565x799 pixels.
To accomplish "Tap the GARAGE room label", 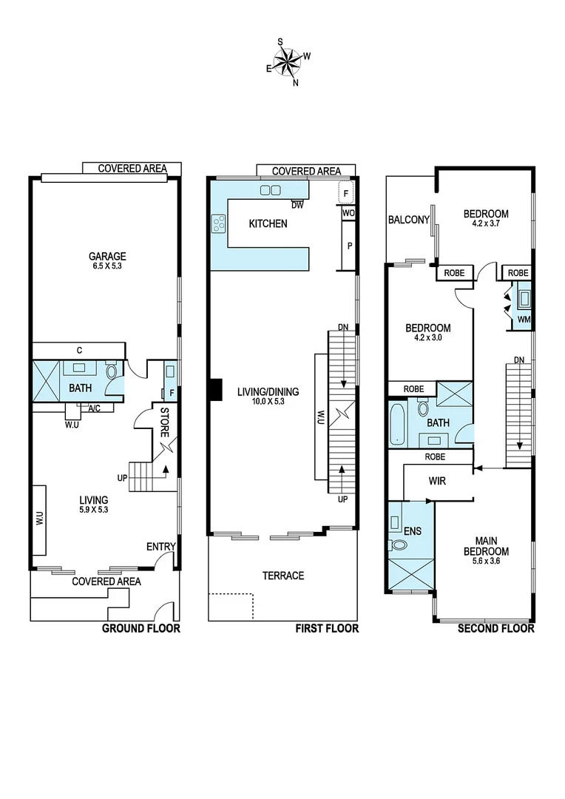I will [106, 257].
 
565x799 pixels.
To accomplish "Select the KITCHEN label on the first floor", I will [268, 223].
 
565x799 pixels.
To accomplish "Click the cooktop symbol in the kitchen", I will [219, 223].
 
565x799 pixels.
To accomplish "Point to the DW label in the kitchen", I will [297, 205].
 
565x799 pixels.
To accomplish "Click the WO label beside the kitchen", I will [348, 213].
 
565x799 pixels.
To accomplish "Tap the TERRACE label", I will [282, 576].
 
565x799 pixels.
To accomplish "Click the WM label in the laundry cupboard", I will [524, 320].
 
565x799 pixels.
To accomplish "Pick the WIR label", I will [437, 481].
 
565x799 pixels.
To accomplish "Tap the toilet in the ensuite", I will [398, 546].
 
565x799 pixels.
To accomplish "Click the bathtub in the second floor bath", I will [397, 425].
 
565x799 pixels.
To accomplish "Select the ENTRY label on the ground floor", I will [160, 547].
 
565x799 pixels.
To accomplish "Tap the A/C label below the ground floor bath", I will [95, 408].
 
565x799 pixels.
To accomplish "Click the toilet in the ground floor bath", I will [112, 371].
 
